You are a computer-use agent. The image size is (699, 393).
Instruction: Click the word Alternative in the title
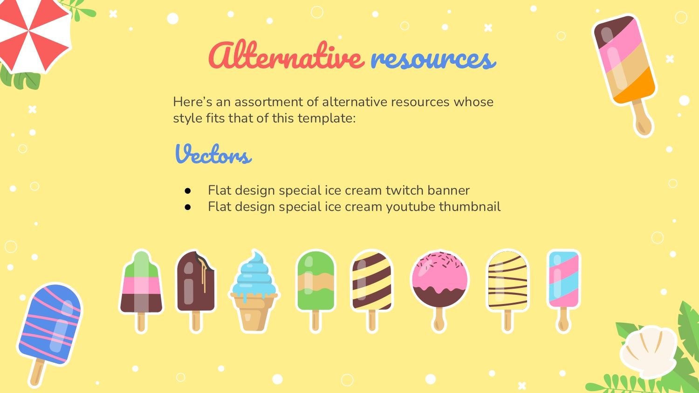click(286, 55)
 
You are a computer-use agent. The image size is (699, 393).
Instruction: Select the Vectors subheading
click(213, 154)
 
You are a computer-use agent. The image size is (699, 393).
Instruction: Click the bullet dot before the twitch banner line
click(187, 190)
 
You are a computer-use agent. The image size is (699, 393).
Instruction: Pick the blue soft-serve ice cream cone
click(254, 291)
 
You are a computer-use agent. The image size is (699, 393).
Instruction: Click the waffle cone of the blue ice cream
click(254, 312)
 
